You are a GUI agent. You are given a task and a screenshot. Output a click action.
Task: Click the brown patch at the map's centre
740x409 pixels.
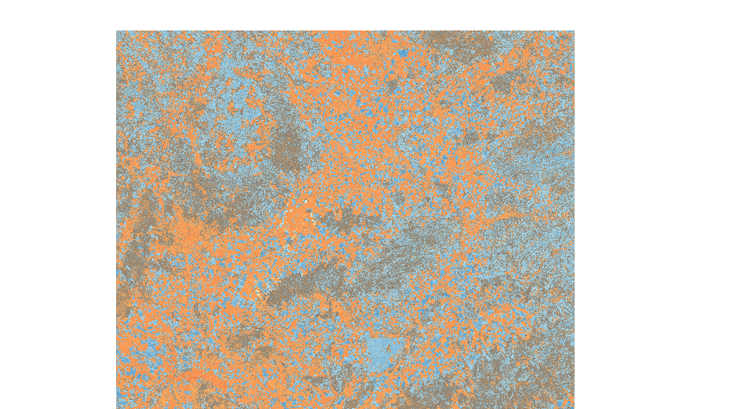(344, 220)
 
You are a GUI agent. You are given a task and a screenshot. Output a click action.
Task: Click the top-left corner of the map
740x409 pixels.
(117, 31)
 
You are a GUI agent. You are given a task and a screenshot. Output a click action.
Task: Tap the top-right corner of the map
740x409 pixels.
(573, 31)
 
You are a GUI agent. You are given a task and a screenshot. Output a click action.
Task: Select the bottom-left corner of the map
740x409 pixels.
(117, 408)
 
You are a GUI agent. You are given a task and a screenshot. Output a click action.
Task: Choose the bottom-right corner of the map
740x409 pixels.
(573, 408)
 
